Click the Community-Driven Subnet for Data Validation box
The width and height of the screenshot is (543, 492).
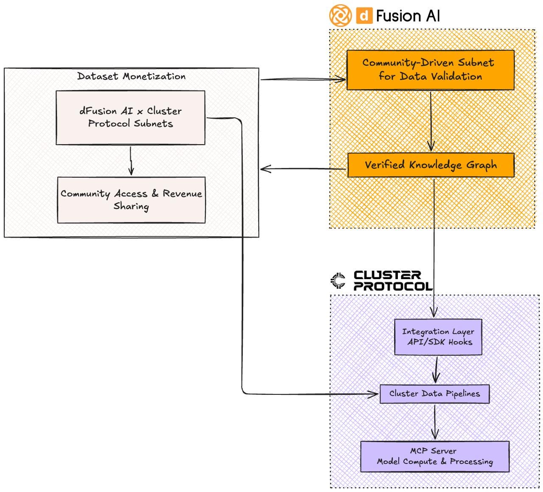[430, 70]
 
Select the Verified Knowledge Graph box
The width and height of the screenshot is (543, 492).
[431, 165]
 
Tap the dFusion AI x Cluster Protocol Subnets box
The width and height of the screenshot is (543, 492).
[130, 117]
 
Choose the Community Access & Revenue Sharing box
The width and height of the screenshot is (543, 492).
[131, 200]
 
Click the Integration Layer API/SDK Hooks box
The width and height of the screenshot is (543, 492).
[438, 337]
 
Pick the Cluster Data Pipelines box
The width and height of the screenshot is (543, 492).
[434, 394]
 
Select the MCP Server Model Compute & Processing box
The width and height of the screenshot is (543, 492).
[435, 456]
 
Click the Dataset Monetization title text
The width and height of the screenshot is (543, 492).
[131, 76]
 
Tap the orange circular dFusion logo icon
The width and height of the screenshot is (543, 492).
[340, 15]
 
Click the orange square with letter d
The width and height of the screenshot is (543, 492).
[364, 16]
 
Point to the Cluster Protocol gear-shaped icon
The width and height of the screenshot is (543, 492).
[338, 280]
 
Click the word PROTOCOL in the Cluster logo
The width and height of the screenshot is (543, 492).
[393, 286]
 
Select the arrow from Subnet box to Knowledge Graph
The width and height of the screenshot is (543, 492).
[431, 121]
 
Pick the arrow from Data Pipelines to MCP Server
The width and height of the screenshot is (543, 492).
[434, 422]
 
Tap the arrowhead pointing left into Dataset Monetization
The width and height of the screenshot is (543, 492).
[264, 169]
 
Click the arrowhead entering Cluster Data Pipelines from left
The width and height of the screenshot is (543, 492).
[374, 394]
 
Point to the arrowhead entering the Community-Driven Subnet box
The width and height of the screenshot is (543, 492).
[342, 79]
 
